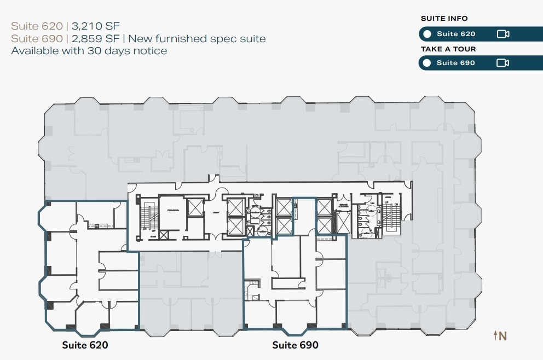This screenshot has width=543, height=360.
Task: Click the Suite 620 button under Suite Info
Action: pos(455,34)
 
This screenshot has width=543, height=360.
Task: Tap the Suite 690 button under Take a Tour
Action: pos(455,63)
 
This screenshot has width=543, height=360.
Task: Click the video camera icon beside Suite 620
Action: pos(502,34)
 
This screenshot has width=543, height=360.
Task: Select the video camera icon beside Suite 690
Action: pos(502,63)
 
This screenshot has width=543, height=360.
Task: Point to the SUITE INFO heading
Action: pos(444,19)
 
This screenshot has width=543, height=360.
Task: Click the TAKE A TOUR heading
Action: pos(448,49)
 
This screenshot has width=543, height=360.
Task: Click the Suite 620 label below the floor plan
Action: pos(85,345)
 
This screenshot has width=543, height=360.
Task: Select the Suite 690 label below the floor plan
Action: pos(295,345)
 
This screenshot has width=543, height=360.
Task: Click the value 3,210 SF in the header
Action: pos(95,26)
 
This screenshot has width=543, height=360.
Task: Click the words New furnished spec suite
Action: pos(197,38)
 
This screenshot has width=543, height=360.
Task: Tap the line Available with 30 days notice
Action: pos(89,51)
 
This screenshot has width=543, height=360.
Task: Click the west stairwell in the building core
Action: pos(147,217)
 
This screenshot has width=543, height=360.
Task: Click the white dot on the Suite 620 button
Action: pos(427,34)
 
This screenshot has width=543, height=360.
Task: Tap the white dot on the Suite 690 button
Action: pos(427,63)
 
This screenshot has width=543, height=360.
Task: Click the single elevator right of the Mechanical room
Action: pos(195,207)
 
